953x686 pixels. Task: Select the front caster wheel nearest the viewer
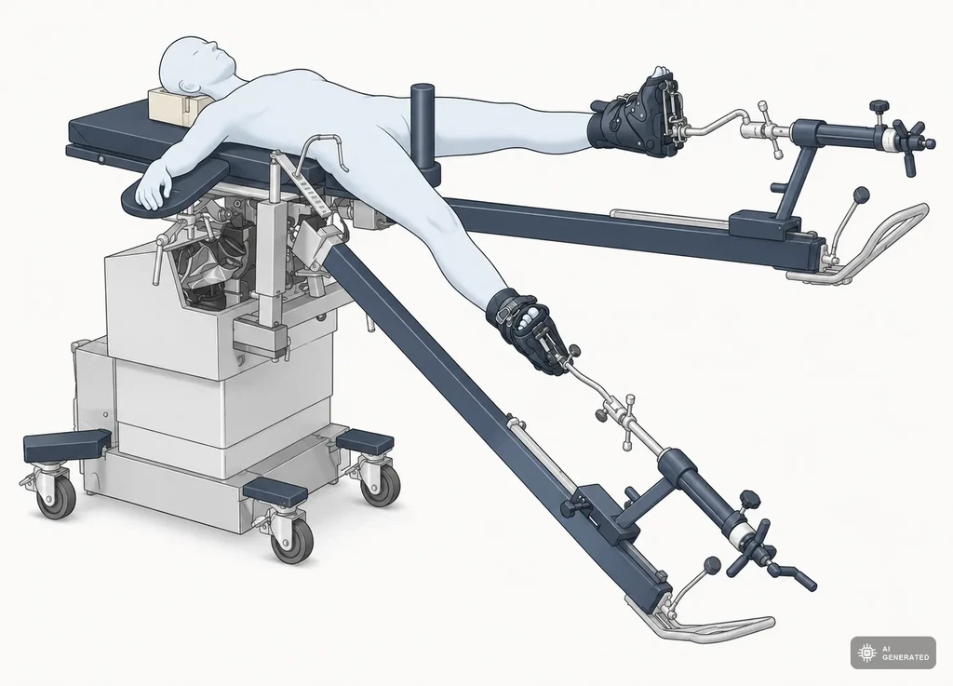click(291, 540)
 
